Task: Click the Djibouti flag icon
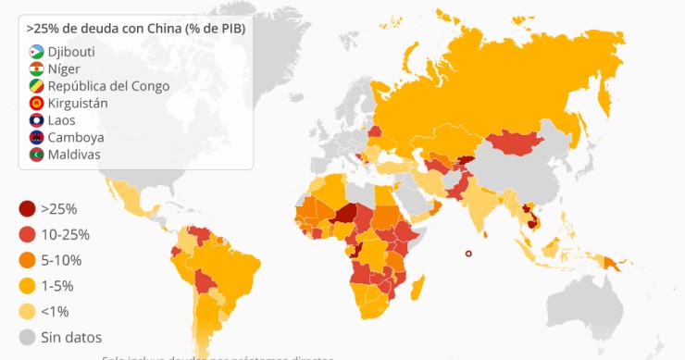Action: [36, 52]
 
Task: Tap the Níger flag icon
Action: [36, 69]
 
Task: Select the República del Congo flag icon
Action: [36, 86]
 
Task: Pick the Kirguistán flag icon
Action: [36, 104]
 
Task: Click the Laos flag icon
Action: [36, 120]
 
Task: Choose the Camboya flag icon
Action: [36, 138]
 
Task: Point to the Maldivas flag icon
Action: [36, 155]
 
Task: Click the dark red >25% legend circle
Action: [26, 209]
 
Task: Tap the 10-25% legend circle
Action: [26, 235]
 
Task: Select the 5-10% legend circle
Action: [26, 260]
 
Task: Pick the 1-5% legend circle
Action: [26, 286]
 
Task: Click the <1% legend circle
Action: [26, 311]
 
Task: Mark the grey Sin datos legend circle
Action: [26, 337]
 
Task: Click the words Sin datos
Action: [71, 337]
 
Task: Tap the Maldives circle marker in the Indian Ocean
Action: [468, 254]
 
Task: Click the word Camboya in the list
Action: [76, 138]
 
